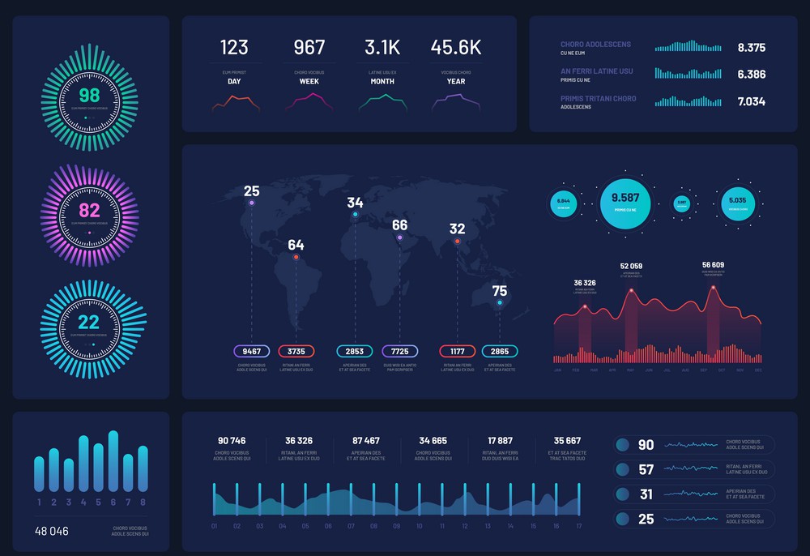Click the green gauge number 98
[x=89, y=96]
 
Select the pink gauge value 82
[x=89, y=212]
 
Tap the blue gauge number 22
[x=89, y=323]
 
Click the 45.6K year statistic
[x=455, y=47]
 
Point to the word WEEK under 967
[x=309, y=82]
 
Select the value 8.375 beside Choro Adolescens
[x=751, y=48]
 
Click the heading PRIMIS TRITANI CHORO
[x=598, y=99]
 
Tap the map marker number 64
[x=296, y=245]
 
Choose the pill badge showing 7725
[x=400, y=352]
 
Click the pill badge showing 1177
[x=458, y=352]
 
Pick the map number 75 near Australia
[x=500, y=291]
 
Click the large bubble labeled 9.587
[x=625, y=199]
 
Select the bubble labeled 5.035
[x=737, y=201]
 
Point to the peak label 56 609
[x=713, y=265]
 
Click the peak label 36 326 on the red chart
[x=585, y=283]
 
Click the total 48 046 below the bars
[x=51, y=532]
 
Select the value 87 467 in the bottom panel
[x=365, y=441]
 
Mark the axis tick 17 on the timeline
[x=578, y=526]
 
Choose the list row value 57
[x=646, y=470]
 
